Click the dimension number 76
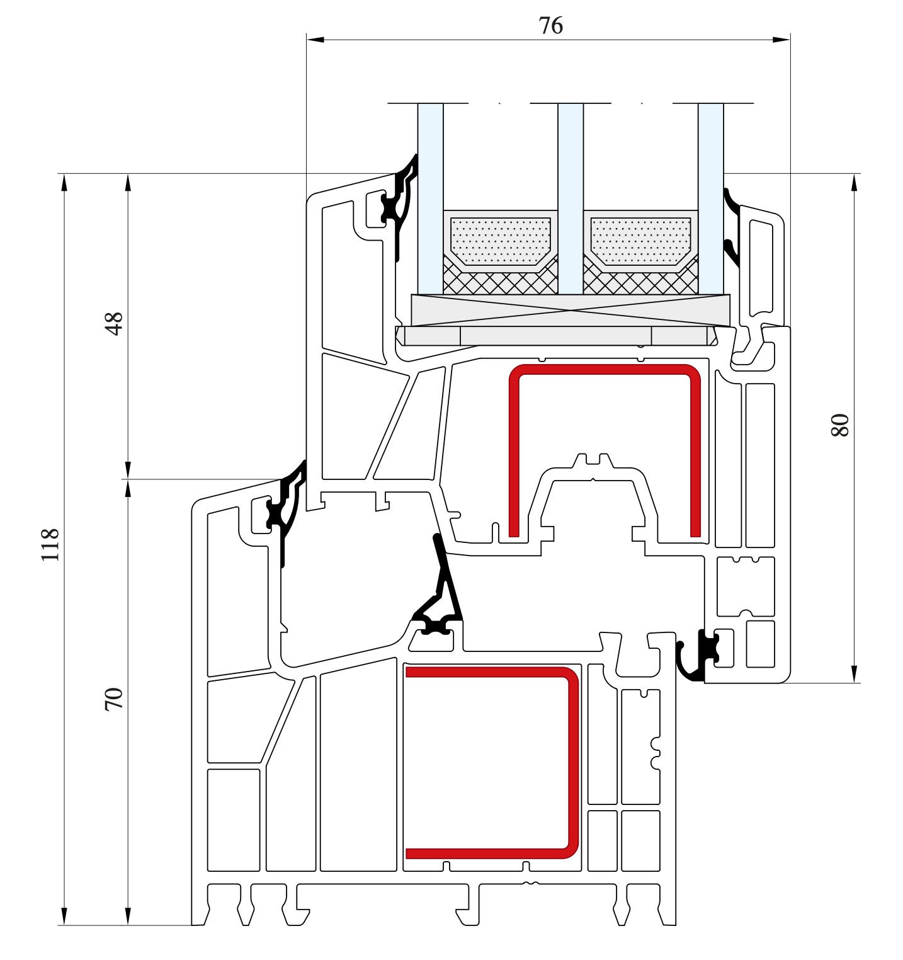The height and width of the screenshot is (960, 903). tap(550, 26)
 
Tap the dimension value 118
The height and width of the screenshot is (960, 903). tap(50, 545)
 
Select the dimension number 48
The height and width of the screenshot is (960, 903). tap(114, 324)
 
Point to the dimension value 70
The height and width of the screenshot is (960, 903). tap(114, 699)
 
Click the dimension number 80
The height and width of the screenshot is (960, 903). tap(840, 425)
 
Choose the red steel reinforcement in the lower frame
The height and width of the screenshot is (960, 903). tap(572, 762)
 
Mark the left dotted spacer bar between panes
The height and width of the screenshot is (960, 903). tap(501, 239)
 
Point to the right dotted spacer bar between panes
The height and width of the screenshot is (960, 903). tap(640, 239)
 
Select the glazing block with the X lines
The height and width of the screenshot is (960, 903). tap(571, 310)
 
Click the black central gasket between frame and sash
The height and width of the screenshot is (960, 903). tap(444, 586)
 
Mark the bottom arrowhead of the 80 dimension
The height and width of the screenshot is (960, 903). tap(855, 675)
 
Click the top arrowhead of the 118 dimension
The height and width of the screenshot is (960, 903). tap(64, 182)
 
